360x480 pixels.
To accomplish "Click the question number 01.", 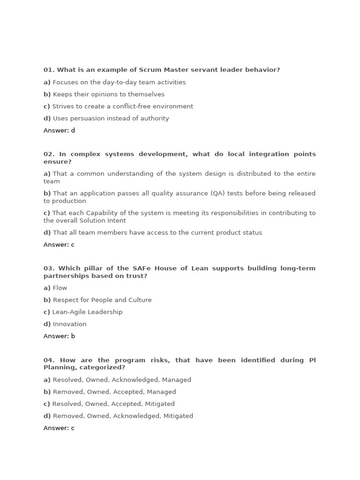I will [x=49, y=70].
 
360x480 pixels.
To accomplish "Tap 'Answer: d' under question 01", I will [x=59, y=131].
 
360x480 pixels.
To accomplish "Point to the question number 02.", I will [x=49, y=154].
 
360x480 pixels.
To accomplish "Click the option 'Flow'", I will [x=60, y=288].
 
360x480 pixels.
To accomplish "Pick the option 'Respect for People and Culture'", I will [x=102, y=300].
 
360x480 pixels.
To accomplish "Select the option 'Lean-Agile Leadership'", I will [x=87, y=312].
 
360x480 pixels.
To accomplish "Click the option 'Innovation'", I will [x=69, y=324].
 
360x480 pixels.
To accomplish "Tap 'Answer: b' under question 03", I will [x=59, y=337].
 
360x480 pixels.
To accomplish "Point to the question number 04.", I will [x=49, y=360].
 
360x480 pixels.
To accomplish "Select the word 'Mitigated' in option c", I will [x=160, y=404].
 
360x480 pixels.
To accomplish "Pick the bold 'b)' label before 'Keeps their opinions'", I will [x=47, y=94].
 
